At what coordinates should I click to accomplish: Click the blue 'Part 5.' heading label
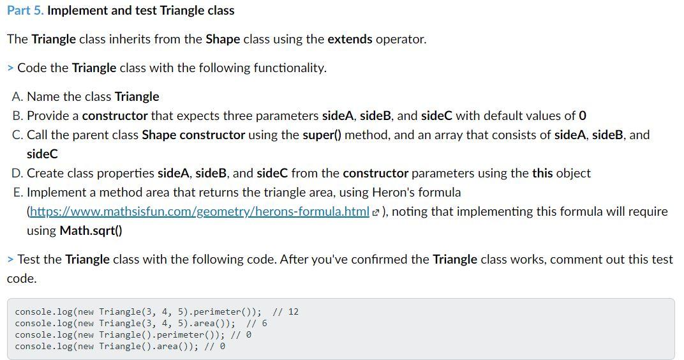coord(26,10)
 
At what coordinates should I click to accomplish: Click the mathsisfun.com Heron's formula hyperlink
coord(200,212)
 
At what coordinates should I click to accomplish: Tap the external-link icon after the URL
coord(376,213)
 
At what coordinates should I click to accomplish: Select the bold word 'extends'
coord(350,40)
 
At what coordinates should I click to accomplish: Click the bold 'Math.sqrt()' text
coord(91,231)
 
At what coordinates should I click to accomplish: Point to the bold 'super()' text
coord(322,135)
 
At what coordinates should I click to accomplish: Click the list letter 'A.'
coord(18,96)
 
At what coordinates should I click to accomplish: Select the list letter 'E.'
coord(19,192)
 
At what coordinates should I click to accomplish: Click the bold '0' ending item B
coord(583,116)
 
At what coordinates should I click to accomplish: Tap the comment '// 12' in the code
coord(285,312)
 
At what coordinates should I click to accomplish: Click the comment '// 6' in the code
coord(256,324)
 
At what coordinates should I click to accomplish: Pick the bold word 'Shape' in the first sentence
coord(223,40)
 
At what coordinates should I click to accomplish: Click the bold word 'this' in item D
coord(542,173)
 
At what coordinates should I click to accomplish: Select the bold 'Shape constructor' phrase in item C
coord(193,135)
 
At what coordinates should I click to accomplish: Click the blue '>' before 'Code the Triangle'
coord(10,68)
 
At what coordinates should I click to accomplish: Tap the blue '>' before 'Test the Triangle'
coord(10,260)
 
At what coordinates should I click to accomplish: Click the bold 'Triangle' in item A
coord(137,96)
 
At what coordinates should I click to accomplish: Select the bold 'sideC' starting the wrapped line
coord(42,154)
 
